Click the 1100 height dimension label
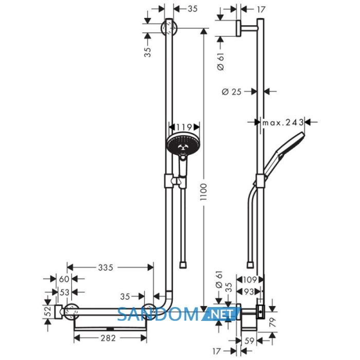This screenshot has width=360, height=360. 204,192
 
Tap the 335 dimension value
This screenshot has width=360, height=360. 105,267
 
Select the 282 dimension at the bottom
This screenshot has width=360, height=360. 108,338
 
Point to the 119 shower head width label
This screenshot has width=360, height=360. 184,127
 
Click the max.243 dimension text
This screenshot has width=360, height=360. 283,122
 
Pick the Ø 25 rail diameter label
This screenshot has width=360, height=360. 231,92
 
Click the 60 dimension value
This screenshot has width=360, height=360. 64,279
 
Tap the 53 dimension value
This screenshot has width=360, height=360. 64,292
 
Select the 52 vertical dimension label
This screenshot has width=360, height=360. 48,312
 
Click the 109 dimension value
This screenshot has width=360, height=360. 250,280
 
